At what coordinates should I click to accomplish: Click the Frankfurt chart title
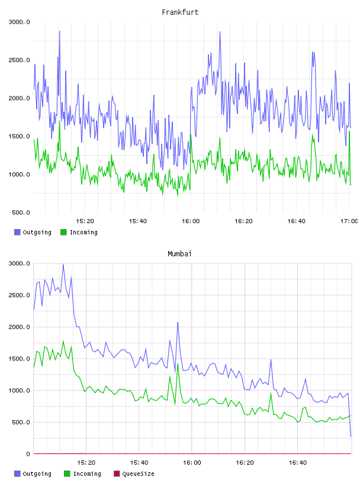[180, 12]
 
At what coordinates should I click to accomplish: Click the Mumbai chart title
[179, 254]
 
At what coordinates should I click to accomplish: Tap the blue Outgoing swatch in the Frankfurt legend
[17, 232]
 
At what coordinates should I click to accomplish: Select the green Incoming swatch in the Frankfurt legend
[63, 232]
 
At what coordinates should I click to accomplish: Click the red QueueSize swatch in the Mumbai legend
[117, 474]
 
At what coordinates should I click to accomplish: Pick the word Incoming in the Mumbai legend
[87, 474]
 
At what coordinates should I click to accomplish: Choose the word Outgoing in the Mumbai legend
[37, 474]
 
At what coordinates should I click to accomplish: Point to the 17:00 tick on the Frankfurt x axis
[349, 221]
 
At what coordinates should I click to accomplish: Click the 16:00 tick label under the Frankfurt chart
[191, 221]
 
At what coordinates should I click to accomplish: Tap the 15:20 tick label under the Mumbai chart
[86, 463]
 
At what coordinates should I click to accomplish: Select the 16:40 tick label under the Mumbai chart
[297, 463]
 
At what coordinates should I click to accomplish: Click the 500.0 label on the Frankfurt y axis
[21, 212]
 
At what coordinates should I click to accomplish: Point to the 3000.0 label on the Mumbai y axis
[19, 263]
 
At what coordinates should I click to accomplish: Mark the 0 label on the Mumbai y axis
[28, 454]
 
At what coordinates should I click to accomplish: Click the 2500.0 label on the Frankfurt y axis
[19, 60]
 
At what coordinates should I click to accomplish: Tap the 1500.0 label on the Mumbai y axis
[19, 359]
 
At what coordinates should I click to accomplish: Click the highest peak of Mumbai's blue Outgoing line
[63, 265]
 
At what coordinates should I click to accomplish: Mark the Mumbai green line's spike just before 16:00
[178, 365]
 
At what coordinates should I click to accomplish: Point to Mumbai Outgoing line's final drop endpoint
[351, 436]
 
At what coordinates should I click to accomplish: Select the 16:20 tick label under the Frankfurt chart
[243, 221]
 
